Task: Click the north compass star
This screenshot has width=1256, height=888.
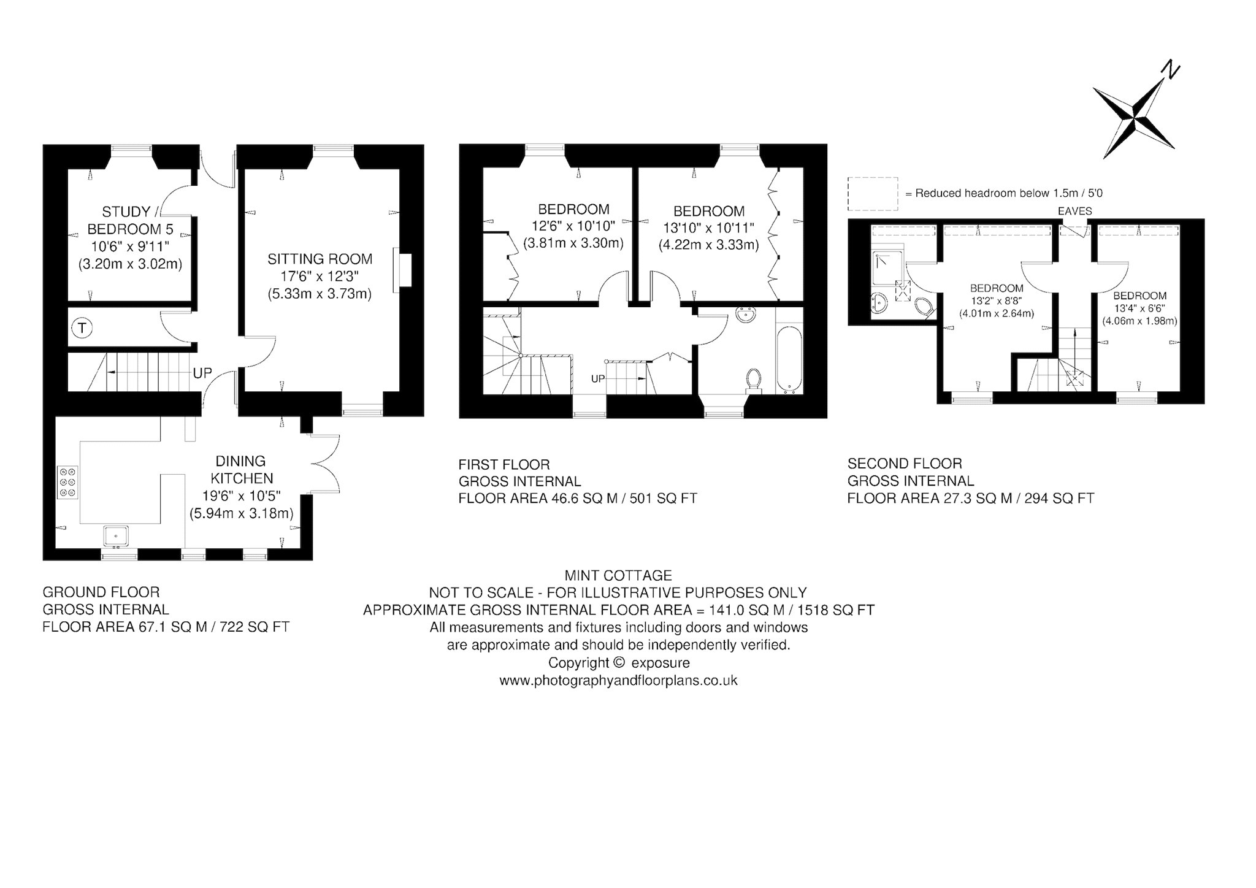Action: [1133, 117]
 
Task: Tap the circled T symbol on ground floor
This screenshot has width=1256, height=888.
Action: [82, 329]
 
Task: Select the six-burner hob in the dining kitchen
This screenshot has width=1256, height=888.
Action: [67, 483]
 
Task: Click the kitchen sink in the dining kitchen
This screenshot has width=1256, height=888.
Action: [116, 535]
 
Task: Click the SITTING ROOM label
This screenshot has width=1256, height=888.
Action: [320, 259]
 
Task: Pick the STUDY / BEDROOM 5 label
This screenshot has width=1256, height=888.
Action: [131, 220]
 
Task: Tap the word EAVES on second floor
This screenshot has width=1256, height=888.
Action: [1075, 211]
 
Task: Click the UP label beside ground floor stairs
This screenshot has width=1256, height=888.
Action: [202, 373]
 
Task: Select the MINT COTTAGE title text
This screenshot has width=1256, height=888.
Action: [618, 575]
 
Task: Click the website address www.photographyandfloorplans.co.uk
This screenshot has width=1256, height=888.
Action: [618, 681]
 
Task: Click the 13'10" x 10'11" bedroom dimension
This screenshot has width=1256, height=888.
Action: [709, 228]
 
